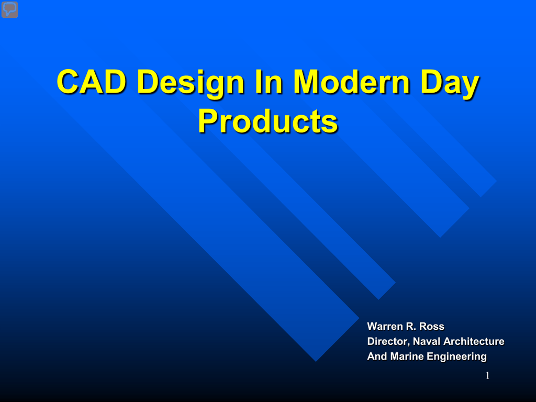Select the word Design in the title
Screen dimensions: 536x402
coord(191,84)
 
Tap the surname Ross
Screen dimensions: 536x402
coord(432,326)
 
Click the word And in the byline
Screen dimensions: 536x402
coord(377,356)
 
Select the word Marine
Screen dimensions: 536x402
coord(407,356)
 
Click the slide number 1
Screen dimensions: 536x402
coord(487,375)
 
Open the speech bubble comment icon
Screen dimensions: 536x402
coord(9,9)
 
